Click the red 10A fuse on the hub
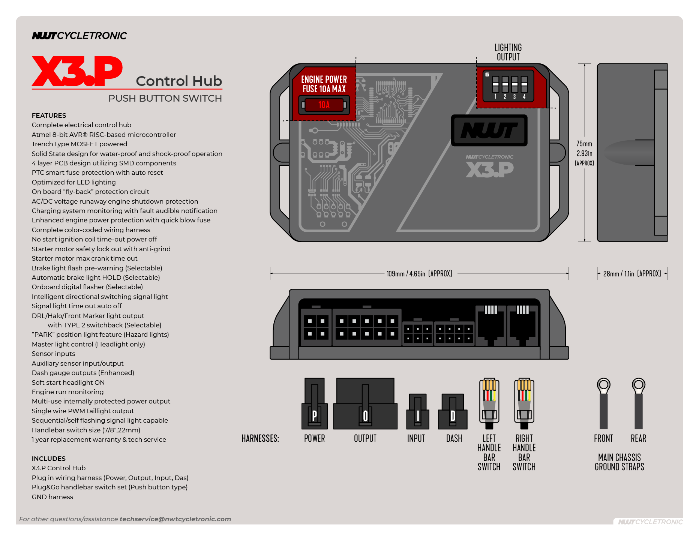324,105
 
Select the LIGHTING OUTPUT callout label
508,52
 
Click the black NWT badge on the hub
489,130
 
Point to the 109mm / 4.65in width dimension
419,274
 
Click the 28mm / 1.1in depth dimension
632,274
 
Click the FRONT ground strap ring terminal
603,385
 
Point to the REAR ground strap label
638,438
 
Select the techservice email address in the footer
175,519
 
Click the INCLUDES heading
49,459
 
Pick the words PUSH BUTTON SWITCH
165,98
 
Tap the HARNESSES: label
260,438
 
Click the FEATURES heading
49,115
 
